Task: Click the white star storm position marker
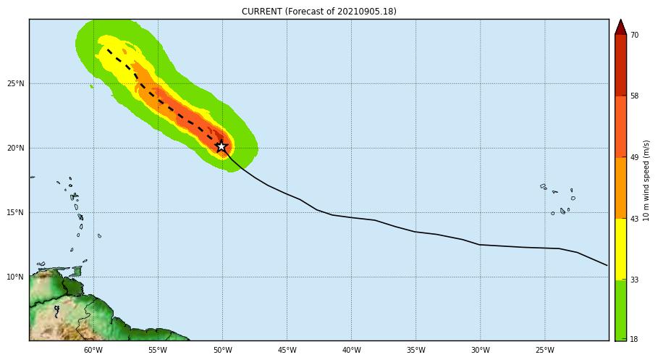coord(222,146)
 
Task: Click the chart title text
coord(319,12)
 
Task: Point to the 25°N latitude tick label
coord(16,83)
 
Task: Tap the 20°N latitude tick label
coord(16,148)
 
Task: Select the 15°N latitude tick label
coord(16,212)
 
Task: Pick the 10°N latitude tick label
coord(16,277)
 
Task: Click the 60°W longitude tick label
coord(93,350)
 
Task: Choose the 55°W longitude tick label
coord(158,350)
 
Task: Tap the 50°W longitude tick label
coord(222,350)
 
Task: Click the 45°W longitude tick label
coord(287,350)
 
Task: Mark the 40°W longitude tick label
coord(351,350)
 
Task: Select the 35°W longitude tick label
coord(416,350)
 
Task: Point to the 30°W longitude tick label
coord(480,350)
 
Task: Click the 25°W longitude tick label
coord(544,350)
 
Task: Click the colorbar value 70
coord(634,35)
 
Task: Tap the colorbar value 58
coord(634,96)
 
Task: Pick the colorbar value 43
coord(634,219)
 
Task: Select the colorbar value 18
coord(634,339)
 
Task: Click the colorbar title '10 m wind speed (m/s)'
coord(646,180)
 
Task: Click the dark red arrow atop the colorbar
coord(620,27)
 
